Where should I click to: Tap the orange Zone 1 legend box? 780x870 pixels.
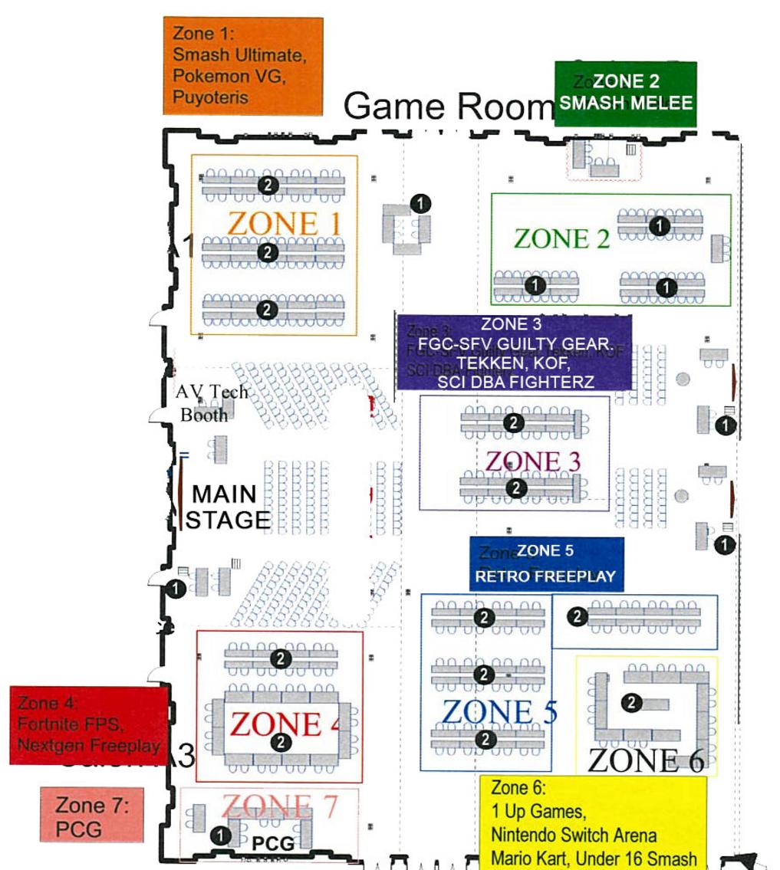pyautogui.click(x=242, y=66)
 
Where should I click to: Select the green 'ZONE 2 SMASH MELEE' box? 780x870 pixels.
pyautogui.click(x=626, y=94)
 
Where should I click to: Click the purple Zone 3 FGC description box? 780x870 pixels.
pyautogui.click(x=514, y=352)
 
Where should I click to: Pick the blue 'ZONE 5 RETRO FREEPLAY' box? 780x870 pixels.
pyautogui.click(x=546, y=564)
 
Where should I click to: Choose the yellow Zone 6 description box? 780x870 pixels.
pyautogui.click(x=593, y=822)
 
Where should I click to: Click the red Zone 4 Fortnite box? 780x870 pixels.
pyautogui.click(x=89, y=724)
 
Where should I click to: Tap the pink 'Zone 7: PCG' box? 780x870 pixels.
pyautogui.click(x=91, y=816)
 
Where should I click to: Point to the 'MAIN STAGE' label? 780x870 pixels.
pyautogui.click(x=226, y=507)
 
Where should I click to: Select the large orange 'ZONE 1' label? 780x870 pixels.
pyautogui.click(x=284, y=223)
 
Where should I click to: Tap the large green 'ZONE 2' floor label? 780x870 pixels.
pyautogui.click(x=561, y=239)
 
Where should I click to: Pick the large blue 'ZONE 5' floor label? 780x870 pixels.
pyautogui.click(x=499, y=713)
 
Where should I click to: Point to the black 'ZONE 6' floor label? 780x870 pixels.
pyautogui.click(x=645, y=760)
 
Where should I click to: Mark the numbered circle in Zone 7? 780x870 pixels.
pyautogui.click(x=221, y=835)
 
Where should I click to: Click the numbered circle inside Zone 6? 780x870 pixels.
pyautogui.click(x=632, y=702)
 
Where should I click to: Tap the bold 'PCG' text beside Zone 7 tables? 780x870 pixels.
pyautogui.click(x=273, y=844)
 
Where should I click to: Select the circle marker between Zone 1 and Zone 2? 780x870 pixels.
pyautogui.click(x=420, y=203)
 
